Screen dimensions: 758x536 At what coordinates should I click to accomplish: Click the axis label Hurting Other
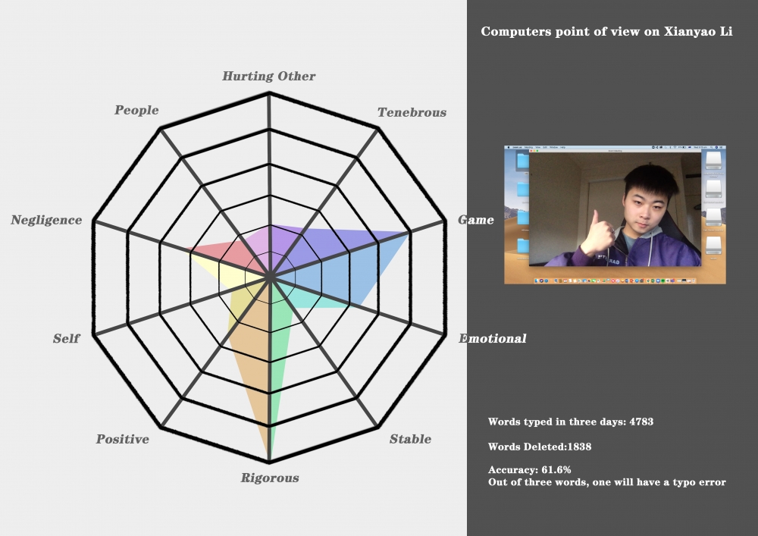coord(269,76)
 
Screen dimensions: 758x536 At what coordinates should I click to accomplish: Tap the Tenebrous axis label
coord(412,113)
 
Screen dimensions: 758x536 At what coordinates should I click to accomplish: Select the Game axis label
coord(476,220)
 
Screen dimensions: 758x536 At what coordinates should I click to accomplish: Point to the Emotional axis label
coord(493,338)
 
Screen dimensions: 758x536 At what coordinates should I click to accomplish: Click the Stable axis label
coord(410,439)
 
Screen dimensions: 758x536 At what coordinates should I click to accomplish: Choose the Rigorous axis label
coord(270,478)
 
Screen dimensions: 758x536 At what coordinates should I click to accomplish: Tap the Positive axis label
coord(122,439)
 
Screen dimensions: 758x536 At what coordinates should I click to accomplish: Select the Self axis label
coord(66,338)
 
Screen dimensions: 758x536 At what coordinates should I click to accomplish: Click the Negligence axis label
coord(46,220)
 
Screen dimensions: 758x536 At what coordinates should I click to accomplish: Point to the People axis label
coord(136,110)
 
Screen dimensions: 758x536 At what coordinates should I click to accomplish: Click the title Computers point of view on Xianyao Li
coord(606,31)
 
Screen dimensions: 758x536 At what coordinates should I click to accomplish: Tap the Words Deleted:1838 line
coord(540,447)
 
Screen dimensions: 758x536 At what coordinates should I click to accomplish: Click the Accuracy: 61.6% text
coord(529,470)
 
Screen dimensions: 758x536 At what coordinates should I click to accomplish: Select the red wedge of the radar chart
coord(227,255)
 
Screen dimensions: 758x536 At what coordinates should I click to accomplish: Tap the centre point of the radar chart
coord(269,277)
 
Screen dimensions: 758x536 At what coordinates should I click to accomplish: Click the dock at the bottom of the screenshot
coord(615,281)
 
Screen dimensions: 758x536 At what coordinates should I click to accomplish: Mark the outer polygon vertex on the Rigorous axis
coord(269,461)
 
